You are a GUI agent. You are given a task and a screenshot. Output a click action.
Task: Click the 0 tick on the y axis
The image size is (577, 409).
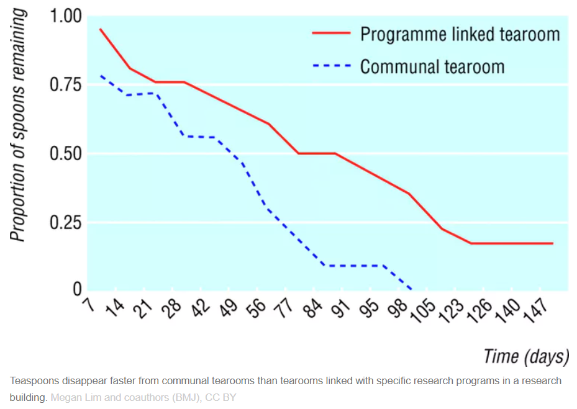point(77,289)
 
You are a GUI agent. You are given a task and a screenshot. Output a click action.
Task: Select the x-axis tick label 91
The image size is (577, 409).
point(342,308)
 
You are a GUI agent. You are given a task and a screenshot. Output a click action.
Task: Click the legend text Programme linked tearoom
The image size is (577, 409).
point(460,34)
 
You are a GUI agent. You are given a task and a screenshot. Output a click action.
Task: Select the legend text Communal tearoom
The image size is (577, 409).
point(432,66)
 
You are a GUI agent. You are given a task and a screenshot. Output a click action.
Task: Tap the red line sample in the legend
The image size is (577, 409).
point(332,34)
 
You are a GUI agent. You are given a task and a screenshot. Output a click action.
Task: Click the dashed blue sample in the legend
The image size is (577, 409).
point(332,66)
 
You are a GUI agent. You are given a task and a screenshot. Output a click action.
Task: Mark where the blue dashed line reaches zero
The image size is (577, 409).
point(411,289)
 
